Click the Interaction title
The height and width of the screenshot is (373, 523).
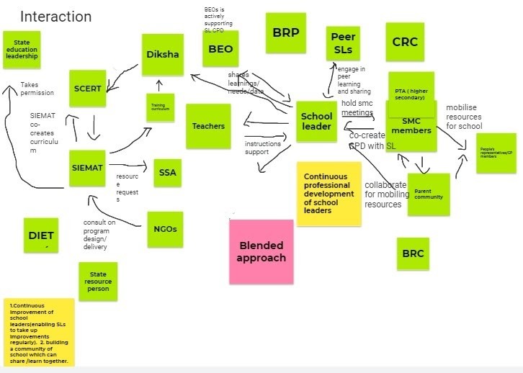tap(55, 17)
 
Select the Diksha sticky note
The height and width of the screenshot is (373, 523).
tap(162, 55)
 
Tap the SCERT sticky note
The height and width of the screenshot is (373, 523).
tap(88, 89)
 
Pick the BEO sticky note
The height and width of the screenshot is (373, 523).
tap(220, 49)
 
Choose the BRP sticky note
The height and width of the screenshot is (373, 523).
tap(285, 33)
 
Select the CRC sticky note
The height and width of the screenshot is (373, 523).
tap(405, 42)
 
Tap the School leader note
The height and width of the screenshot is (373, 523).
tap(316, 121)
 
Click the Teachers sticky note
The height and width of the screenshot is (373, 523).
tap(208, 126)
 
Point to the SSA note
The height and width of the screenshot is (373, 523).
tap(168, 172)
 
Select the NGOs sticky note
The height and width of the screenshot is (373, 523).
tap(165, 229)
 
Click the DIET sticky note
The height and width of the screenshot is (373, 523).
tap(41, 235)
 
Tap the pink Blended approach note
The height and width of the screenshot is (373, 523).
tap(261, 251)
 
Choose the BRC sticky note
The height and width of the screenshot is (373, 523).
tap(413, 253)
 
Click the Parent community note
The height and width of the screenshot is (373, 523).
tap(428, 194)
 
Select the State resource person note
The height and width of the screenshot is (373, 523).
tap(98, 282)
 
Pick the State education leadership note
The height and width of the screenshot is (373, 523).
tap(22, 50)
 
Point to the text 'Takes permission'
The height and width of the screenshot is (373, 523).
tap(37, 89)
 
